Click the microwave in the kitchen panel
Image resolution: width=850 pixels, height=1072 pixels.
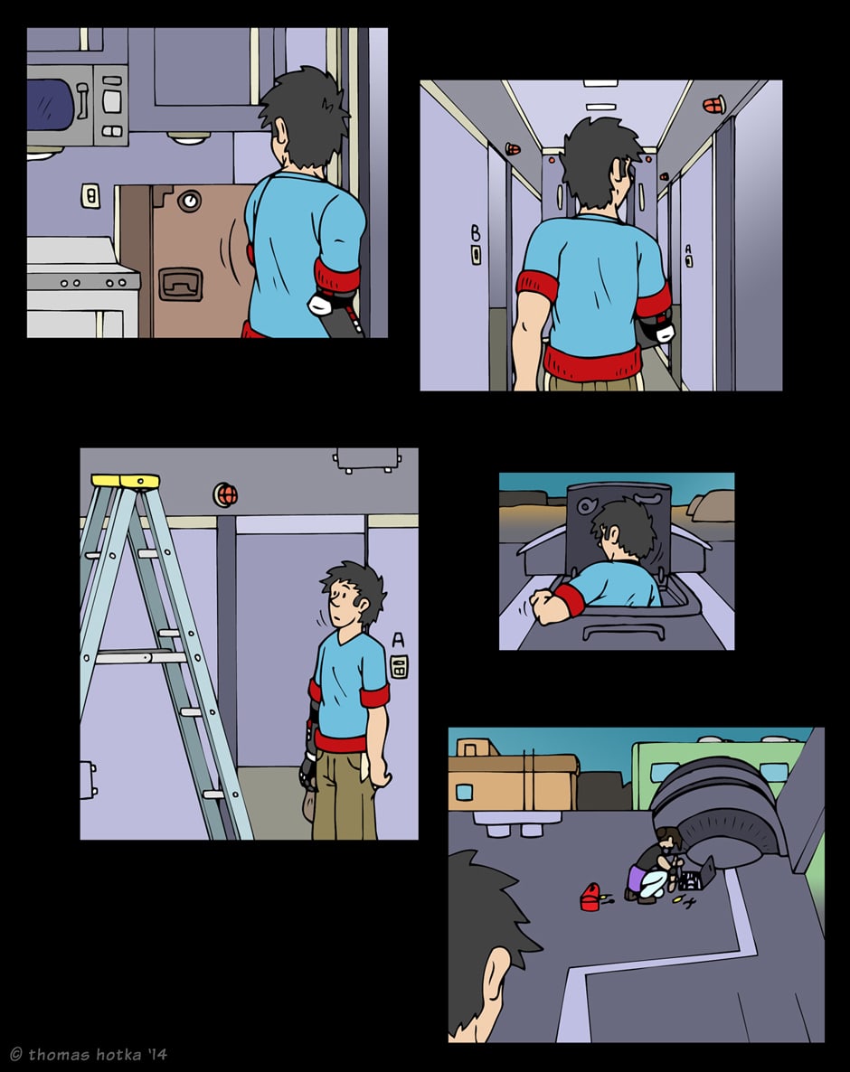pyautogui.click(x=77, y=105)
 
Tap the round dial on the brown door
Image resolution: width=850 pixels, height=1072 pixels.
pyautogui.click(x=189, y=201)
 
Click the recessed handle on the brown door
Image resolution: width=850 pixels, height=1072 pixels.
pyautogui.click(x=181, y=284)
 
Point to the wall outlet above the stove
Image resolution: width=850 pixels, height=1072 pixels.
pyautogui.click(x=90, y=196)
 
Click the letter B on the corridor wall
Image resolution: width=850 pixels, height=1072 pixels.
pyautogui.click(x=476, y=234)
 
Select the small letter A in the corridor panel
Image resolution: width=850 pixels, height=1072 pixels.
pyautogui.click(x=688, y=249)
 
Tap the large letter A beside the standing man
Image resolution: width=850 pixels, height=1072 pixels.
pyautogui.click(x=398, y=639)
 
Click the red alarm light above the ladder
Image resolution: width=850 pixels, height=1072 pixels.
pyautogui.click(x=225, y=494)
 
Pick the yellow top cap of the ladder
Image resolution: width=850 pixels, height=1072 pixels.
pyautogui.click(x=125, y=481)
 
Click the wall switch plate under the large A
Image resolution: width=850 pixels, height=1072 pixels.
pyautogui.click(x=399, y=666)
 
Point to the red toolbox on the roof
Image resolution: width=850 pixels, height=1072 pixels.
pyautogui.click(x=590, y=897)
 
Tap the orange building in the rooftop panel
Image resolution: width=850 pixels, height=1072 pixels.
pyautogui.click(x=513, y=775)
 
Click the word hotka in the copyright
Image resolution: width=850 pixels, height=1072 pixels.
pyautogui.click(x=118, y=1054)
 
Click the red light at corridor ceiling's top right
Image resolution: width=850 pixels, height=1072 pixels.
pyautogui.click(x=713, y=105)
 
